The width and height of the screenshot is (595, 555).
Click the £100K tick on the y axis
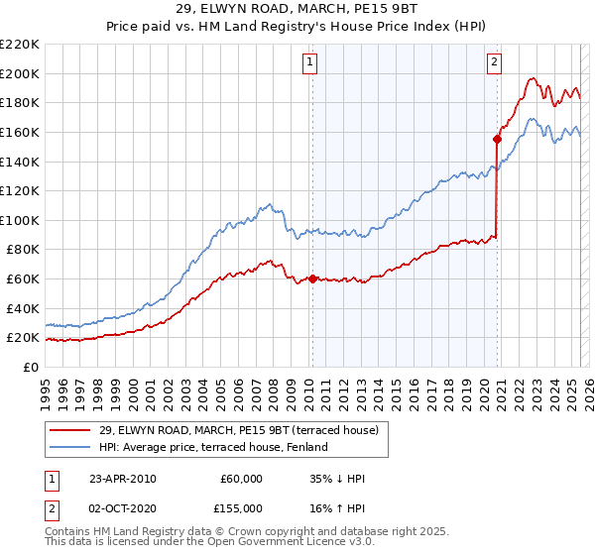(19, 220)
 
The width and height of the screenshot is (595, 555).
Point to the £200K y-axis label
(19, 73)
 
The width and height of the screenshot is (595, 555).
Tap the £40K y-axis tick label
(22, 308)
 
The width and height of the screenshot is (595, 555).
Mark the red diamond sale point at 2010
(312, 278)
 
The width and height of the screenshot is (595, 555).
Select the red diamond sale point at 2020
(497, 140)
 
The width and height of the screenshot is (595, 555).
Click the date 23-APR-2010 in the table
(123, 479)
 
